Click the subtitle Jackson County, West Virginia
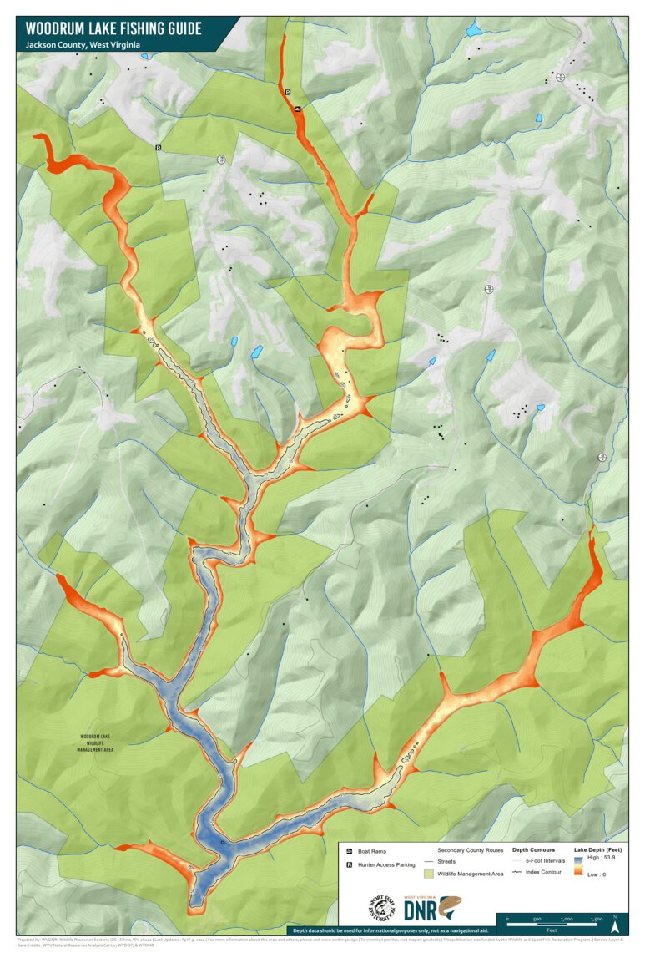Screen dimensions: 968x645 [x=80, y=44]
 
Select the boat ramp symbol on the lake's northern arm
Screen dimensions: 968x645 [x=298, y=109]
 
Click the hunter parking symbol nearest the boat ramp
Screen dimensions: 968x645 [x=288, y=92]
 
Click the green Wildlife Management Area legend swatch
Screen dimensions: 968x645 [x=428, y=873]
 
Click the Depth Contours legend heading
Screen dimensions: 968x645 [x=533, y=849]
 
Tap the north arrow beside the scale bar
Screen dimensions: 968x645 [x=615, y=924]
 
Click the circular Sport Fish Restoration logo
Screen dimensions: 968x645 [x=380, y=908]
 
